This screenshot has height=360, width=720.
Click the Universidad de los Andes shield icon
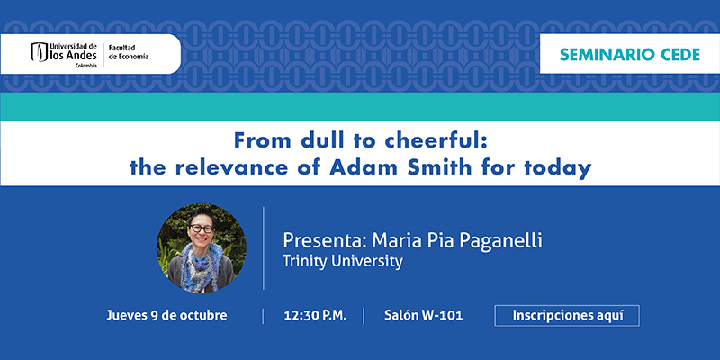[x=40, y=52]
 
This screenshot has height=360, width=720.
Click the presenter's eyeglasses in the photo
[x=201, y=229]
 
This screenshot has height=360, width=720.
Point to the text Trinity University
[x=343, y=261]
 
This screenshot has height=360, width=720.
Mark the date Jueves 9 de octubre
[x=166, y=316]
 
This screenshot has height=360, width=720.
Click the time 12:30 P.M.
[x=316, y=316]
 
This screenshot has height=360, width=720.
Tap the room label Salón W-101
[x=423, y=316]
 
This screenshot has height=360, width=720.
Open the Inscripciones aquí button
[x=567, y=316]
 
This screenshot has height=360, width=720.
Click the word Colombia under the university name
[x=86, y=65]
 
